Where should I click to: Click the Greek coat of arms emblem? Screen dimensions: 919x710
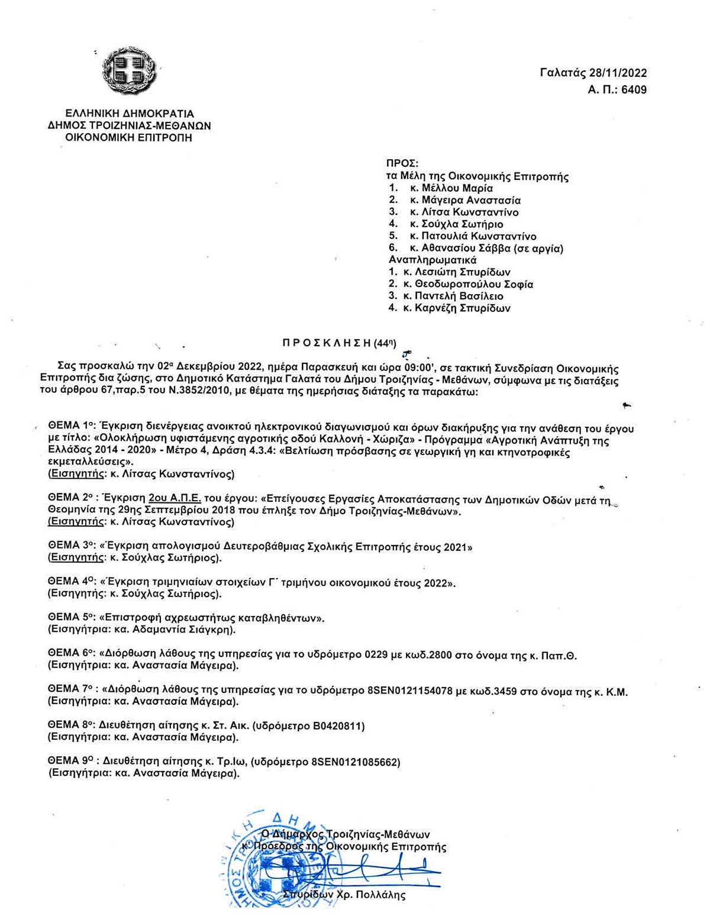pos(129,70)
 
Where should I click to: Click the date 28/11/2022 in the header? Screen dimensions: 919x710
pos(618,73)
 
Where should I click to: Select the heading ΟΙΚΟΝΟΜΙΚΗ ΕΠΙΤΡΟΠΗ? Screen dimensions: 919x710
pos(129,138)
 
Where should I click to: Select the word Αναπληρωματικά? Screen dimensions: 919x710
pos(433,260)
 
